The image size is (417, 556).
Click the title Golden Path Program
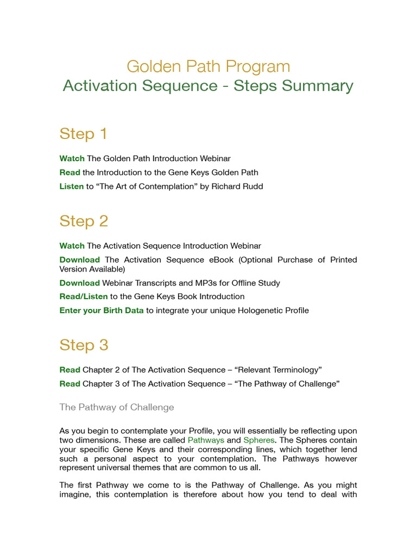coord(208,67)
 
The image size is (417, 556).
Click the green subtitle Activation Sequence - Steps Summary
coord(208,86)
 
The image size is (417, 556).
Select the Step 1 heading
coord(83,134)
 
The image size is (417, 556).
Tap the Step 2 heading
coord(84,221)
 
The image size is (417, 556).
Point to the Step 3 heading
coord(84,345)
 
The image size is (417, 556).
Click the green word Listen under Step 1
coord(72,187)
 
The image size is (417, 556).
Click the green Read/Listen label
coord(84,296)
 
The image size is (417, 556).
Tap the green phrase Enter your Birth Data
coord(102,311)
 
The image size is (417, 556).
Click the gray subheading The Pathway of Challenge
coord(116,407)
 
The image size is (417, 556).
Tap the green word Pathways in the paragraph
coord(206,440)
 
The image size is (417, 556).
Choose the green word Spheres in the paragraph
coord(259,440)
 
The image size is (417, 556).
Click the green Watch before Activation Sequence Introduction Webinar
coord(72,246)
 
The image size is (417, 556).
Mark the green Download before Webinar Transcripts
coord(79,283)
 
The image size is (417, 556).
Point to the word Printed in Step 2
coord(342,260)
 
